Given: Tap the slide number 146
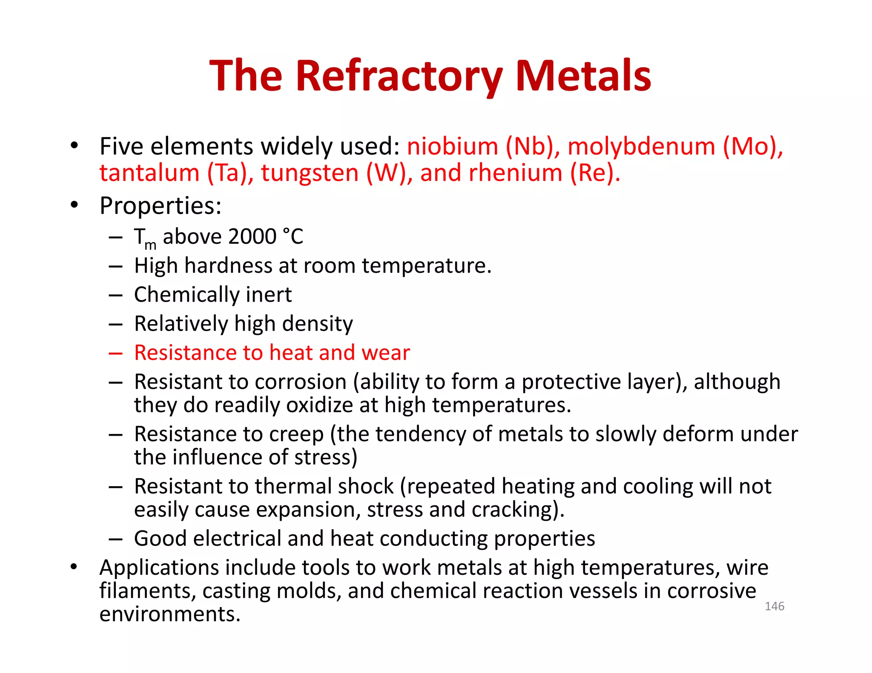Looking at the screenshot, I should pos(774,606).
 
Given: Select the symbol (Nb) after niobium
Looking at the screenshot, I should pos(533,146).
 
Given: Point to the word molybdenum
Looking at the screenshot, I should pos(641,147).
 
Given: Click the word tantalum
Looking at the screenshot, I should pos(149,173).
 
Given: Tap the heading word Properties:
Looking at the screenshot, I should pos(161,206).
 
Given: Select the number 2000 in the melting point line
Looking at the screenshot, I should pos(252,237).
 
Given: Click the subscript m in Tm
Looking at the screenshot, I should pos(150,245).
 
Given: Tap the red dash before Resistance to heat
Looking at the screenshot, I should pos(115,353).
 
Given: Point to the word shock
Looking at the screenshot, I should pos(365,486).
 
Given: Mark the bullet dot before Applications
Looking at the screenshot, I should pos(74,567).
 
